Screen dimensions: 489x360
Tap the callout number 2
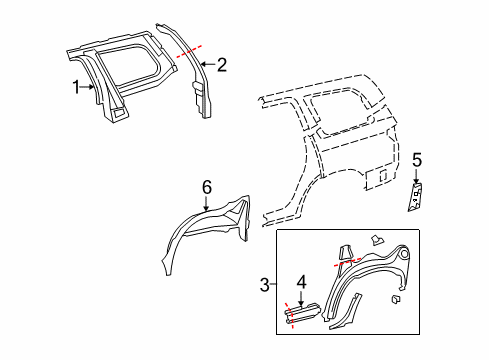222,66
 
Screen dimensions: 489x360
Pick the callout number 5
418,160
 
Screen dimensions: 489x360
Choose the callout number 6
207,188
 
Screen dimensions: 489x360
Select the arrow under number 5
418,176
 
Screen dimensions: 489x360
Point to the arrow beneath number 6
207,204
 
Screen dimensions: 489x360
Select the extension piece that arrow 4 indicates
304,316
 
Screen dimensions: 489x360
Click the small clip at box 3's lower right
396,298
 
